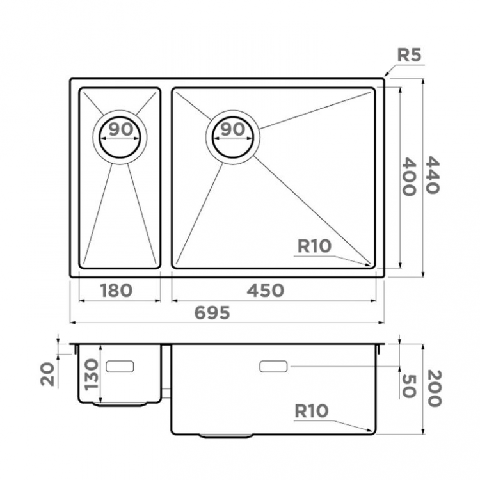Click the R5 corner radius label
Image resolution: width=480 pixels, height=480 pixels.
click(x=409, y=55)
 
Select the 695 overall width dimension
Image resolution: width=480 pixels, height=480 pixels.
click(x=212, y=313)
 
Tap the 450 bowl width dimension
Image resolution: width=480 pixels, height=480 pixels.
click(x=266, y=291)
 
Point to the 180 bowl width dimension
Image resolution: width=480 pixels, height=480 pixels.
click(x=116, y=291)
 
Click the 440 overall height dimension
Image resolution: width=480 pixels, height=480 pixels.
click(x=433, y=175)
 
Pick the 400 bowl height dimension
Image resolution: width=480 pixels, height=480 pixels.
click(x=409, y=177)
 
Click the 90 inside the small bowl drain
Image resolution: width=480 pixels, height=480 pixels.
click(x=121, y=129)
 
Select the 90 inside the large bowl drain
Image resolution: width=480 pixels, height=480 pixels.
click(x=233, y=129)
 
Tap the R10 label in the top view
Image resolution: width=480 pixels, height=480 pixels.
click(x=314, y=246)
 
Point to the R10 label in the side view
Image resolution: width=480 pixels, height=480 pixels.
click(x=311, y=411)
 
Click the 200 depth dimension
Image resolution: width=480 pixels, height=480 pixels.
click(x=435, y=388)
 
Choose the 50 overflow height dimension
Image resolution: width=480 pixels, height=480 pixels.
click(x=409, y=387)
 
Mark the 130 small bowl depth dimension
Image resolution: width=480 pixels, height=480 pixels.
click(x=92, y=374)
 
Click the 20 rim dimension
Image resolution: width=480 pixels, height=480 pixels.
click(x=47, y=374)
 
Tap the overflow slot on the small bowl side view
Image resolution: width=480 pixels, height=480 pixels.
click(x=120, y=367)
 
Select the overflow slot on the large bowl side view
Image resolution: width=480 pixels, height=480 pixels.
click(x=273, y=367)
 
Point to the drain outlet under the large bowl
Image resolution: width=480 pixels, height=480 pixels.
click(x=226, y=436)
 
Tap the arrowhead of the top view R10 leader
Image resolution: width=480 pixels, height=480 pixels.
click(x=370, y=264)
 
